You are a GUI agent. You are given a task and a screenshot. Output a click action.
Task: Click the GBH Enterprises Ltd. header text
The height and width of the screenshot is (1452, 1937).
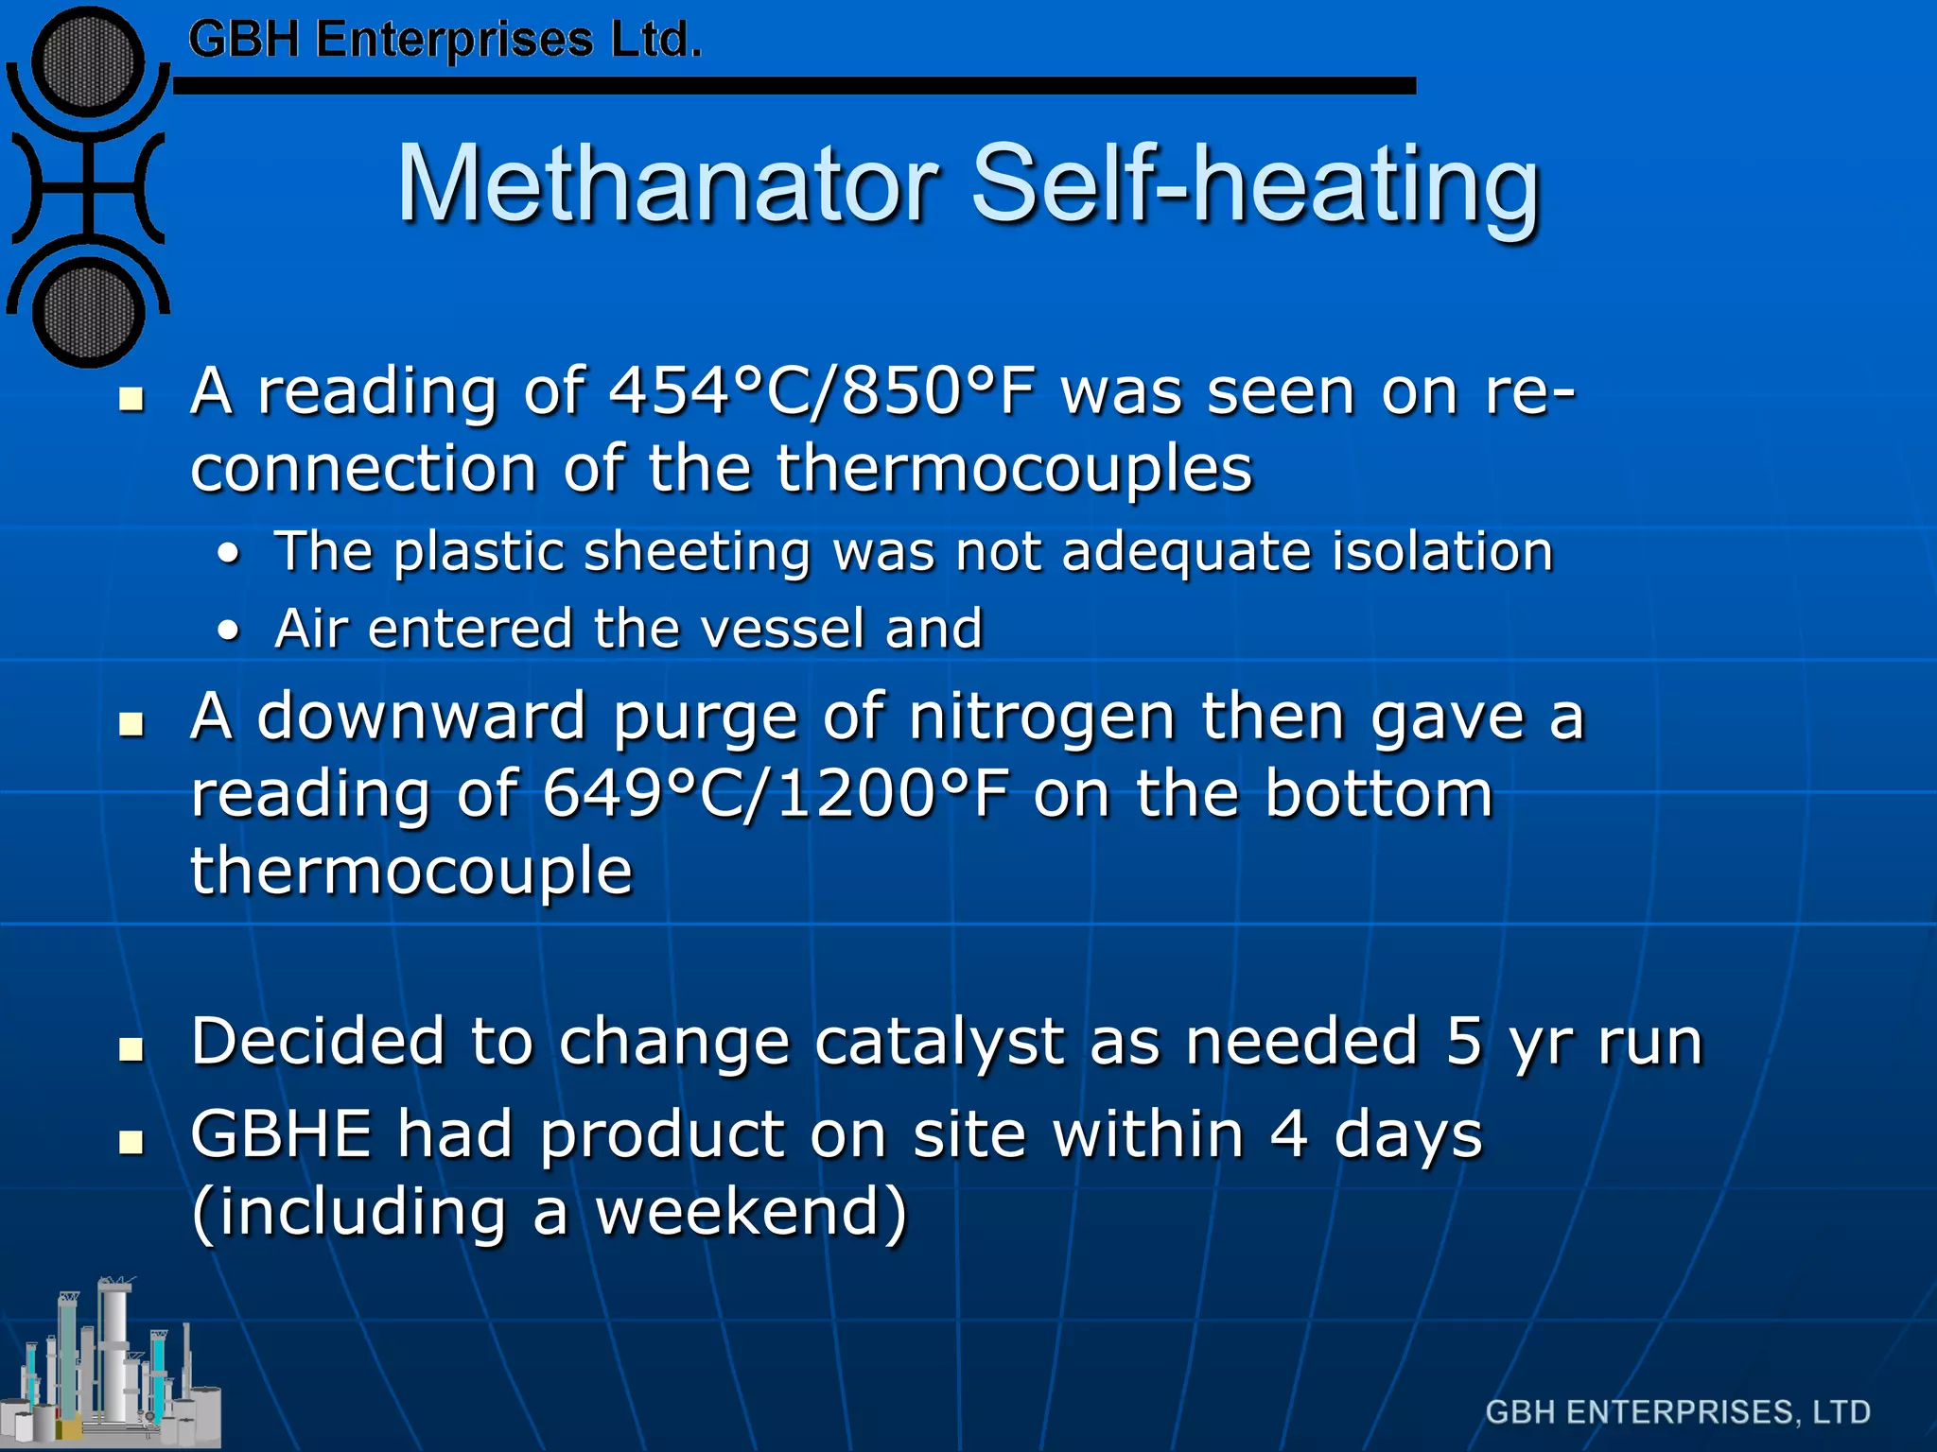[x=445, y=41]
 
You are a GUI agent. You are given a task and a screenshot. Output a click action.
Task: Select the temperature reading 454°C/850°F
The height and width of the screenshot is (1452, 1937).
[x=822, y=391]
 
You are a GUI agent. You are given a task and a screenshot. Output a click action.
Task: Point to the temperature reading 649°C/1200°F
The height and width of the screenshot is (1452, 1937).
[x=776, y=794]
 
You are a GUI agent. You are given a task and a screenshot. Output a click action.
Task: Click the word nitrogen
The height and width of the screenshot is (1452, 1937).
[x=1041, y=717]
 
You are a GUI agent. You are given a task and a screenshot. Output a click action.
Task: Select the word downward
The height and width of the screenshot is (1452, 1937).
[x=422, y=717]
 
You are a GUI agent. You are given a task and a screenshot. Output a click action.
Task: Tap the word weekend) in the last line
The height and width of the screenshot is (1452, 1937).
[x=751, y=1212]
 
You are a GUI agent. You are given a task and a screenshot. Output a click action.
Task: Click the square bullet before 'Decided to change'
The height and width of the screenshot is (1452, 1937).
[x=131, y=1048]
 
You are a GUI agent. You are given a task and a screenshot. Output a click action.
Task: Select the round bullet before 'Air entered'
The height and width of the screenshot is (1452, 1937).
[x=228, y=631]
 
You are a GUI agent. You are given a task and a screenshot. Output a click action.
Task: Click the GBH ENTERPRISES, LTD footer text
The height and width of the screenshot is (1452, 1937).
[x=1677, y=1411]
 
